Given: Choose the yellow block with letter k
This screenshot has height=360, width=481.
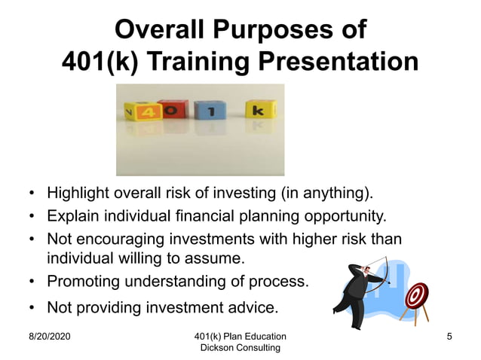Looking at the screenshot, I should click(259, 111).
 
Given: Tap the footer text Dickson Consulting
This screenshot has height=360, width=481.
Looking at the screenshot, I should click(240, 348).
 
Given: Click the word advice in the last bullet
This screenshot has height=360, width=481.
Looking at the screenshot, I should click(253, 307).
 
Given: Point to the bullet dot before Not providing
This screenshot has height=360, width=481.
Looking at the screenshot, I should click(32, 307).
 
